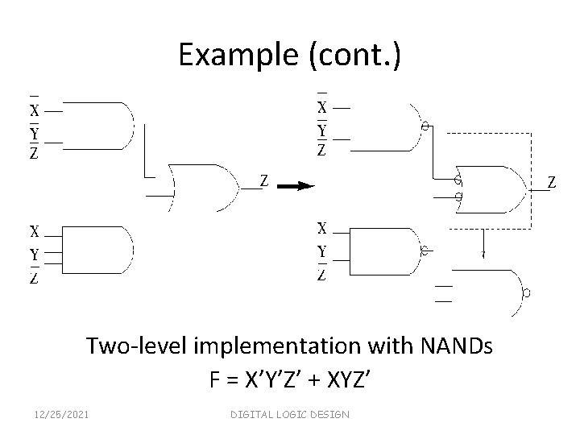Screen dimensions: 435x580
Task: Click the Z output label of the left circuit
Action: (x=263, y=180)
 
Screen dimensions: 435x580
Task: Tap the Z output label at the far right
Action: (x=553, y=183)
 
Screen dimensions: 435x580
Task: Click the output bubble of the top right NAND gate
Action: (x=426, y=127)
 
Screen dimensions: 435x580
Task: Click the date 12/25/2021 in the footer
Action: (x=63, y=414)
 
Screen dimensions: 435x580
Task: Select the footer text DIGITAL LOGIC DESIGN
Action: (x=290, y=414)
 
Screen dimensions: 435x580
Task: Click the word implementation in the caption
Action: (x=261, y=348)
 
